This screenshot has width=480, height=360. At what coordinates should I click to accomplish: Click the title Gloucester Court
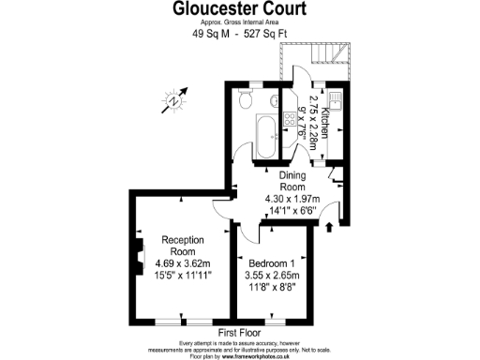point(240,10)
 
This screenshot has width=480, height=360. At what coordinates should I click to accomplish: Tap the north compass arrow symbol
point(177,98)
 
